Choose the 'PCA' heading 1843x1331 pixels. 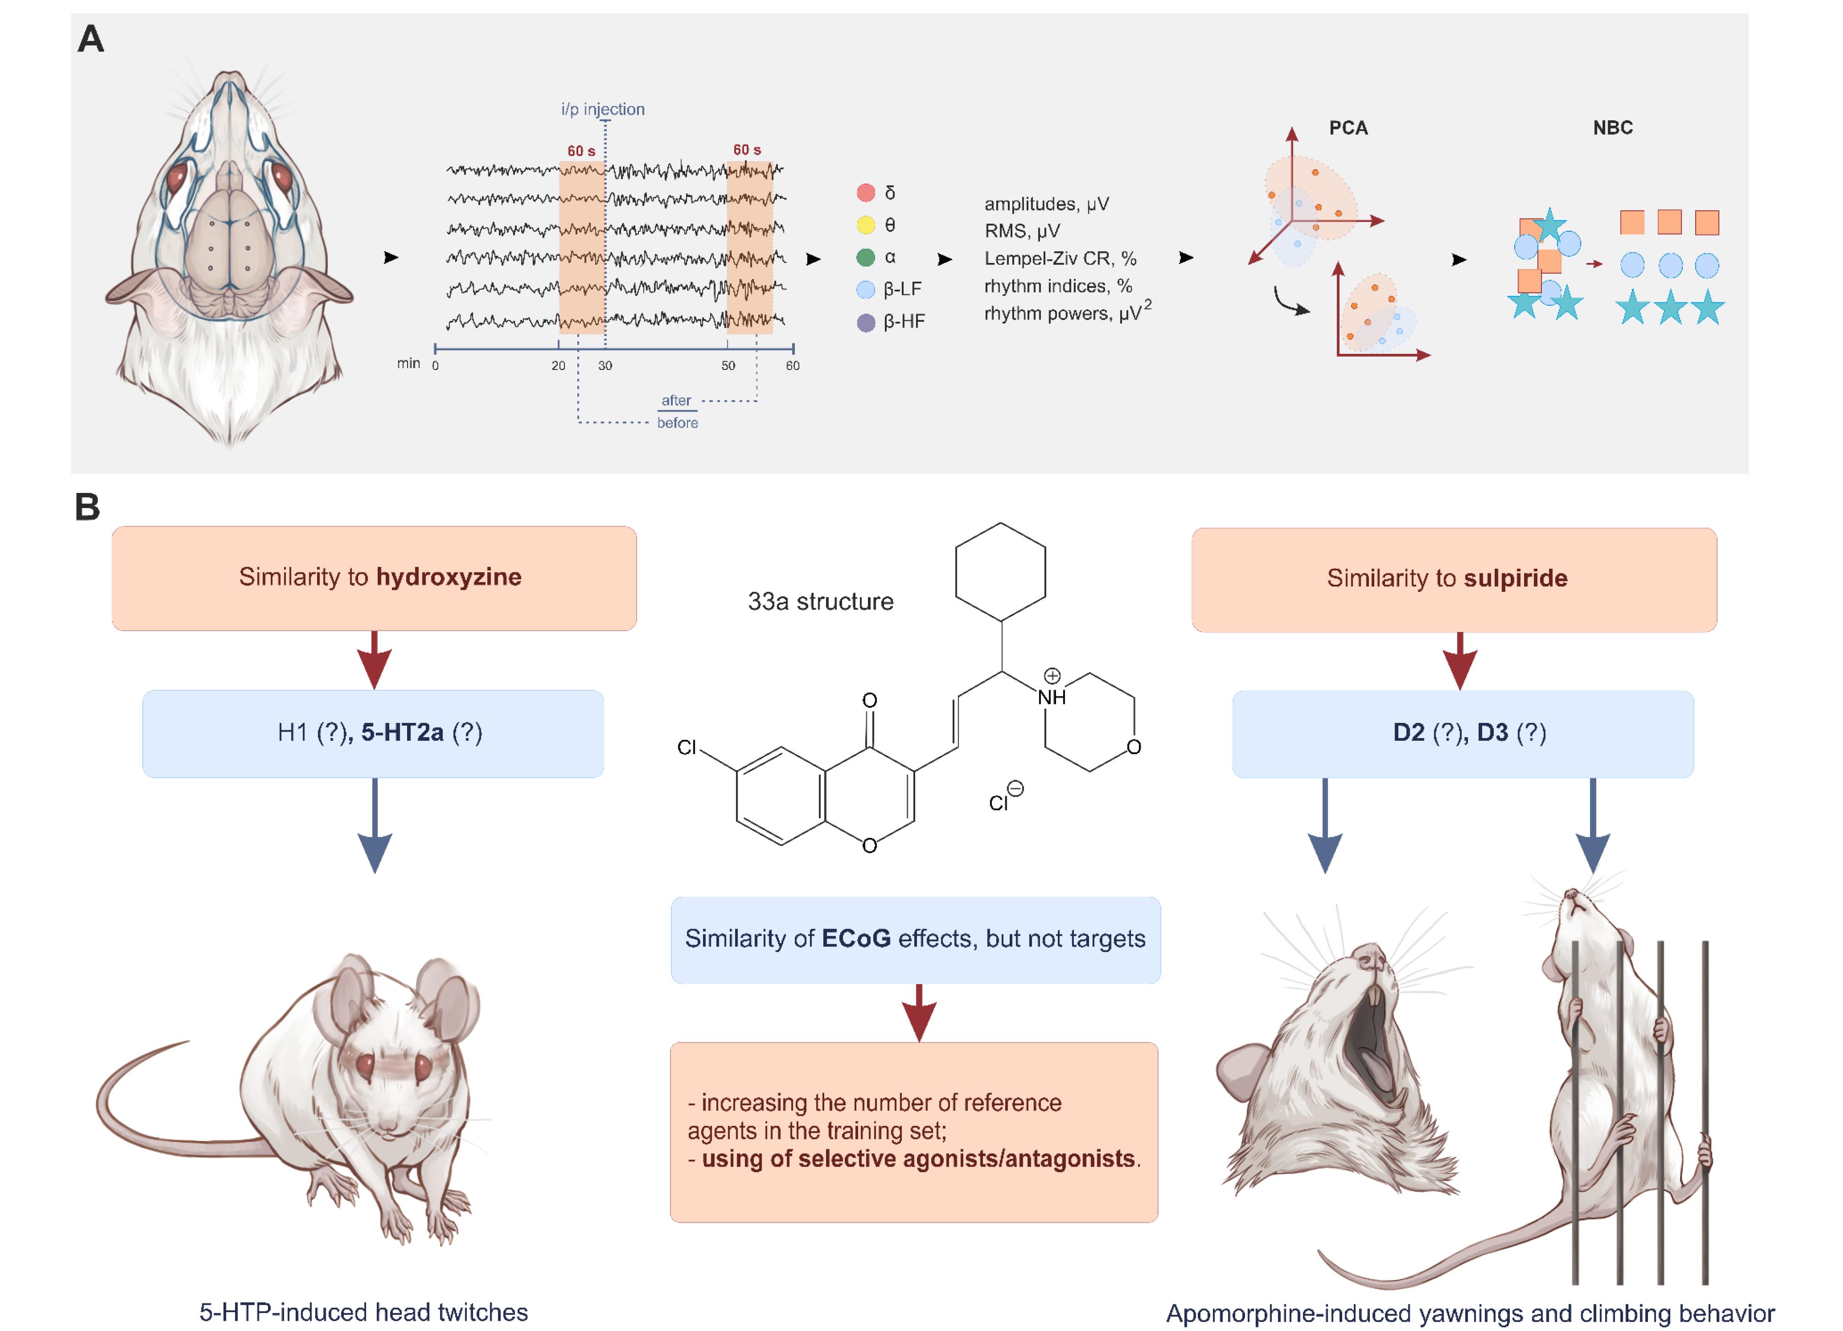1348,128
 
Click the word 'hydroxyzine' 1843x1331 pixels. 448,577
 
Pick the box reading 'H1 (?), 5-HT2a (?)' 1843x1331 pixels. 373,734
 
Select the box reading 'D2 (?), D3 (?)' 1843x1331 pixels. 1463,734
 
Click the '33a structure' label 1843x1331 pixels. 821,601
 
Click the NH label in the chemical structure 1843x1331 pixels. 1051,696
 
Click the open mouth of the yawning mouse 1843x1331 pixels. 1374,1048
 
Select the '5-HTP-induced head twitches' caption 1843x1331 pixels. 363,1312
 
